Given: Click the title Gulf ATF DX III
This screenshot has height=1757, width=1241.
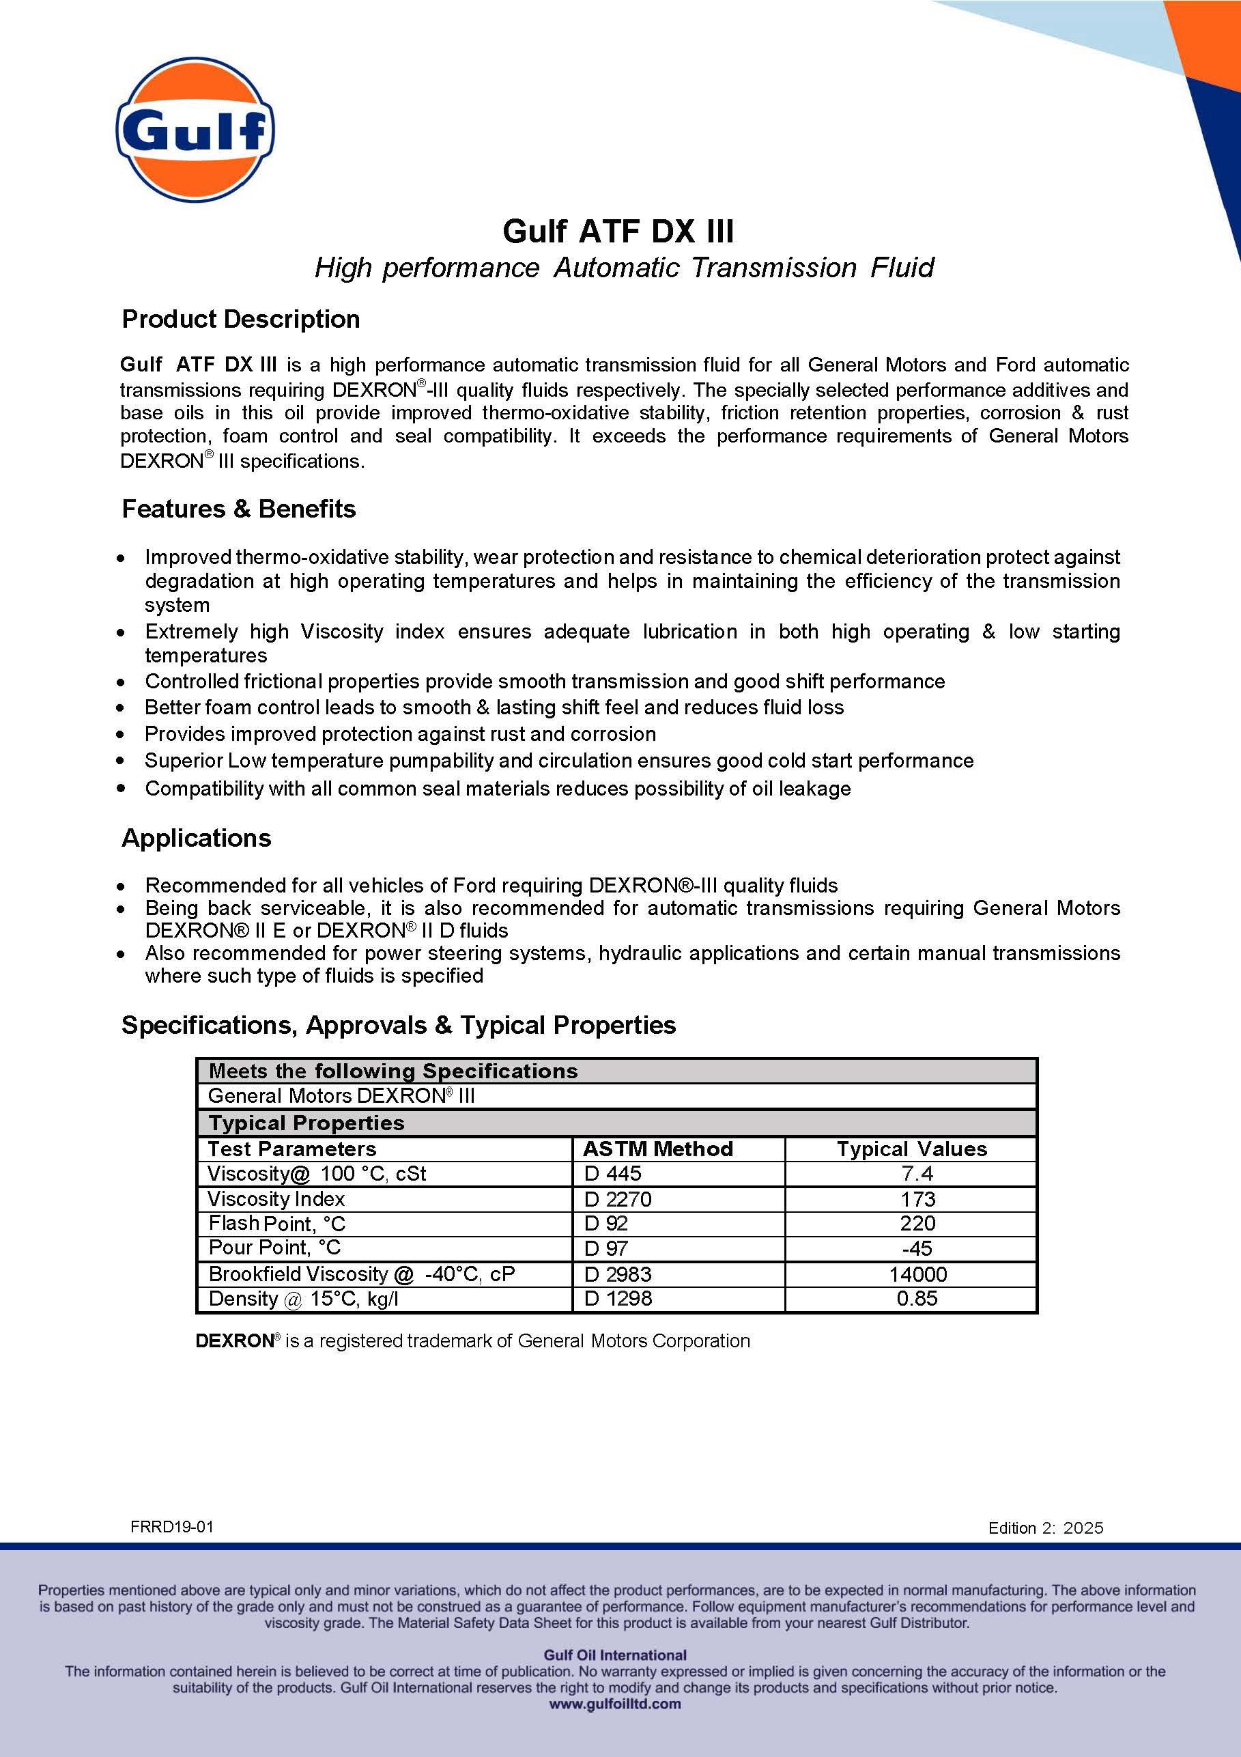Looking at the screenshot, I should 618,231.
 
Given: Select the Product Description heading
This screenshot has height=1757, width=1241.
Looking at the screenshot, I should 241,319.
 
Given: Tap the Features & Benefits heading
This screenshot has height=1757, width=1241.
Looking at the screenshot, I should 239,509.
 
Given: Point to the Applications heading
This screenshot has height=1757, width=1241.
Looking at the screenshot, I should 197,838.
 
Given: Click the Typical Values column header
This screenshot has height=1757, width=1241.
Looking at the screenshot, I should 911,1149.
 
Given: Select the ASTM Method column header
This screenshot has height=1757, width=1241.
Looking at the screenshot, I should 658,1149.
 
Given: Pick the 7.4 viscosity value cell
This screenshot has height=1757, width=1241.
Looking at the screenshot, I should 917,1173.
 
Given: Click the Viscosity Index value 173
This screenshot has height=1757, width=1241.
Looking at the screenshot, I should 917,1198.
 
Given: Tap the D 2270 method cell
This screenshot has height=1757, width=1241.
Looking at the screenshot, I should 618,1198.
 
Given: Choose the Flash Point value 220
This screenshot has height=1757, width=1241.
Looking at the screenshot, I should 917,1223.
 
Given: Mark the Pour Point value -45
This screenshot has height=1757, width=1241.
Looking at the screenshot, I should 917,1248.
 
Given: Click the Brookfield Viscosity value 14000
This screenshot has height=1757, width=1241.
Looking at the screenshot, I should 917,1274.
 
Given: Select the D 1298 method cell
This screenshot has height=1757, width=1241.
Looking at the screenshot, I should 618,1298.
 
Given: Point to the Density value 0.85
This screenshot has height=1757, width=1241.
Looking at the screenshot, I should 917,1298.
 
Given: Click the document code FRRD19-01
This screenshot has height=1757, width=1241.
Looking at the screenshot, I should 172,1527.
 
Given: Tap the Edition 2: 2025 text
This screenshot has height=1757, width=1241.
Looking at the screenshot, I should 1045,1528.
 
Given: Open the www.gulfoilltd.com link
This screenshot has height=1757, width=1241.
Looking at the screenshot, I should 615,1704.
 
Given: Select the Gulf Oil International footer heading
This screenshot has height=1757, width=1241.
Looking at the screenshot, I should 615,1655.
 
